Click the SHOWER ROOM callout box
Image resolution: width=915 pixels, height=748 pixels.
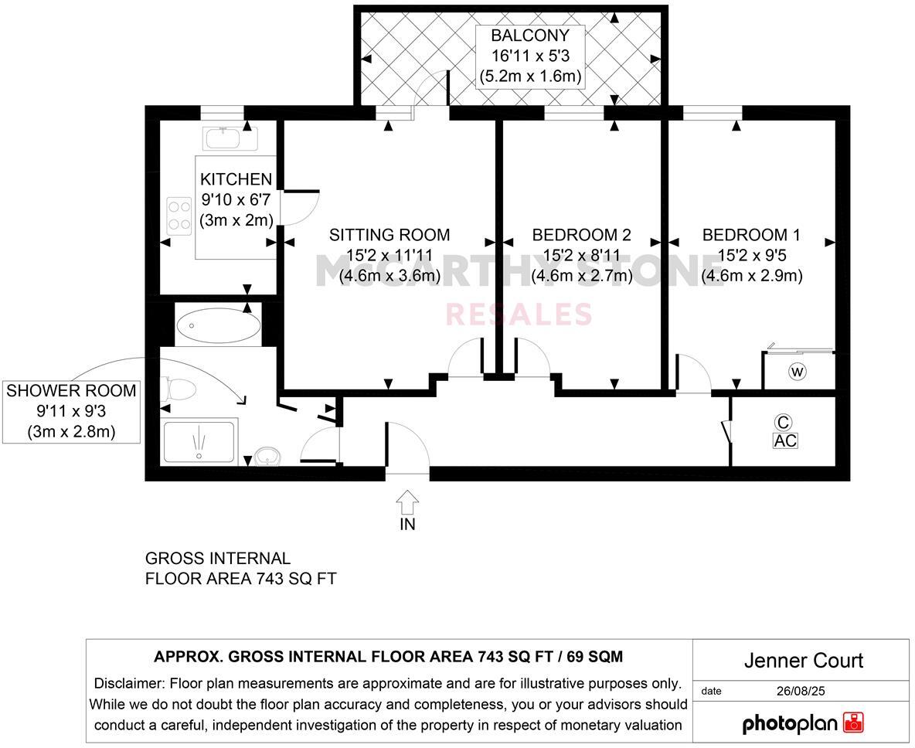[71, 410]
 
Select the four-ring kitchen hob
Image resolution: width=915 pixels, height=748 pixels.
[179, 215]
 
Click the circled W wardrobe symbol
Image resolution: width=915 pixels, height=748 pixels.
[797, 372]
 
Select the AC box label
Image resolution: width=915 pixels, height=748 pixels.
[785, 440]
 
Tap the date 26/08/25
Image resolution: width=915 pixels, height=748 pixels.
[801, 691]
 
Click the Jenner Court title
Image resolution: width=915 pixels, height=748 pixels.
[803, 661]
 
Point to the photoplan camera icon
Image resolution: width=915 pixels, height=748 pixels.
[853, 722]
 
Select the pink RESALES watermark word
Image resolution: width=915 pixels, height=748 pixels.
[519, 314]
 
